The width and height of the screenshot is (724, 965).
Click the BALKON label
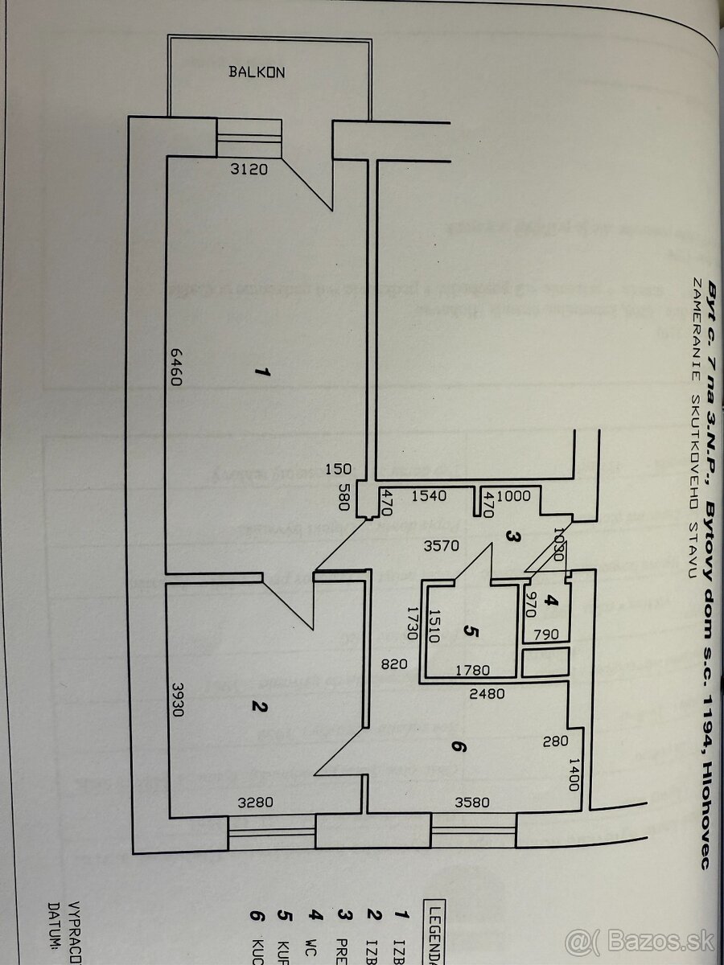coord(257,72)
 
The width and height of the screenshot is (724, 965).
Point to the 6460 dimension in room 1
coord(177,368)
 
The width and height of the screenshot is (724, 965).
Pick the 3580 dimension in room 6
coord(472,801)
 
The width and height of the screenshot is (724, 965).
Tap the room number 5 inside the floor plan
coord(472,631)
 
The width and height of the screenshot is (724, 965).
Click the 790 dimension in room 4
coord(546,634)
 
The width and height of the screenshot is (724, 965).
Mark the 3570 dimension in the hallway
coord(442,546)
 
